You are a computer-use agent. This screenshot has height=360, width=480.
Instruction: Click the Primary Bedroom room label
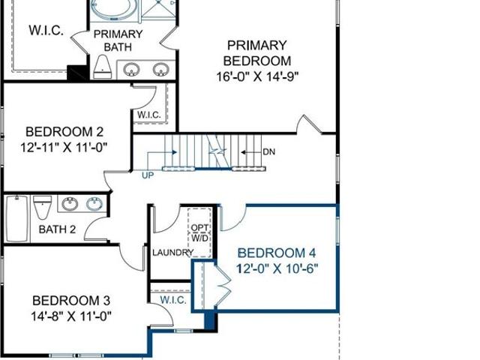pyautogui.click(x=256, y=53)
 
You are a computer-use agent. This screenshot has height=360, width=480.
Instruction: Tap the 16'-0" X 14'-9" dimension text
pyautogui.click(x=257, y=76)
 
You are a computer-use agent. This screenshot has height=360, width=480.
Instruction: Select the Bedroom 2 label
pyautogui.click(x=64, y=132)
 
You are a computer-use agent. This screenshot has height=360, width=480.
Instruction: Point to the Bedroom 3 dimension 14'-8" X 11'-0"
pyautogui.click(x=70, y=316)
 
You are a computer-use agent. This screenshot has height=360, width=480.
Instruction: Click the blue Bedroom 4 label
pyautogui.click(x=277, y=253)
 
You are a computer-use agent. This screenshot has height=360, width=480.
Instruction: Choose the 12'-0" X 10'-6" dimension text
pyautogui.click(x=277, y=268)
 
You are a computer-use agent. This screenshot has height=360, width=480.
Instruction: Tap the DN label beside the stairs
pyautogui.click(x=268, y=151)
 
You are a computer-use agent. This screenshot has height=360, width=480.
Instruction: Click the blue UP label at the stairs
pyautogui.click(x=148, y=175)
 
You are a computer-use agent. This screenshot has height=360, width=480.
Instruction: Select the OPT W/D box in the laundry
pyautogui.click(x=199, y=232)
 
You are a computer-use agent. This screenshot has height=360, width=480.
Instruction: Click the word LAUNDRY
pyautogui.click(x=173, y=253)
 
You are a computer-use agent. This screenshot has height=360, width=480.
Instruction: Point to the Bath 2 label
pyautogui.click(x=57, y=229)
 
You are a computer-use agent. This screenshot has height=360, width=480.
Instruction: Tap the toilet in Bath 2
pyautogui.click(x=42, y=207)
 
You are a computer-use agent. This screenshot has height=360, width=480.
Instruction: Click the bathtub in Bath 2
pyautogui.click(x=17, y=218)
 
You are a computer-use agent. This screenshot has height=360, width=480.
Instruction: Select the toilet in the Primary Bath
pyautogui.click(x=102, y=67)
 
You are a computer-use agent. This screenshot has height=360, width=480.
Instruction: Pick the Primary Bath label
pyautogui.click(x=118, y=40)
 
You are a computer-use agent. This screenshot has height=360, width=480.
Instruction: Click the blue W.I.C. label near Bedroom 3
pyautogui.click(x=173, y=300)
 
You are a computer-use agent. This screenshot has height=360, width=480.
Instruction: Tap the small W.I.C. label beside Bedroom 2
pyautogui.click(x=149, y=115)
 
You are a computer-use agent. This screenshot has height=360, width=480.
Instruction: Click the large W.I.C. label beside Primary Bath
pyautogui.click(x=46, y=30)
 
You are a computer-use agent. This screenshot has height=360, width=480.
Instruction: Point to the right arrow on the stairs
pyautogui.click(x=162, y=152)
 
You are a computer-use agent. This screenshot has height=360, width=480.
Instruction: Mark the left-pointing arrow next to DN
pyautogui.click(x=250, y=152)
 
